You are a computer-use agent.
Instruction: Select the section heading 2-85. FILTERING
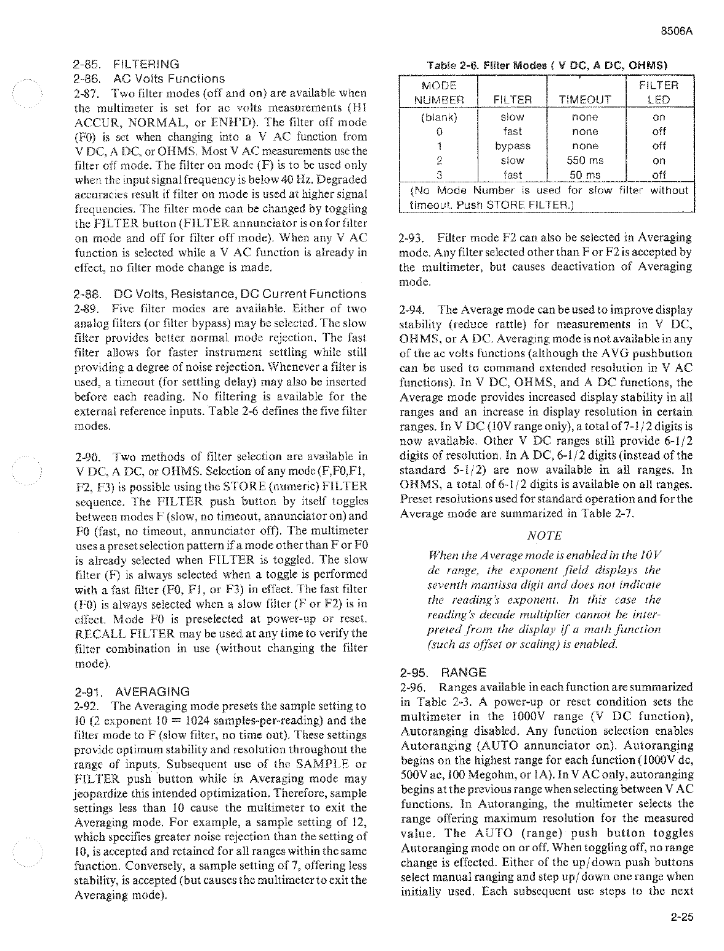126,64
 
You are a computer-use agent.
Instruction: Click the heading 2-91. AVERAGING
131,691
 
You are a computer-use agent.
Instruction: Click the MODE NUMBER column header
438,92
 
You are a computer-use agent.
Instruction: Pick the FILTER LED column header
659,92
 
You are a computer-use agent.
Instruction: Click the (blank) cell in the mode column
438,117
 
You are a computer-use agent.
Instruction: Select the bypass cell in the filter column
512,146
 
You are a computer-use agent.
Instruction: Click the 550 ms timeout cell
585,161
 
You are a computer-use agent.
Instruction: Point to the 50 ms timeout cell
585,175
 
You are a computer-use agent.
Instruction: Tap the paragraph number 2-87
85,93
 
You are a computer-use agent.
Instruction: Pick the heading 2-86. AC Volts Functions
148,79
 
